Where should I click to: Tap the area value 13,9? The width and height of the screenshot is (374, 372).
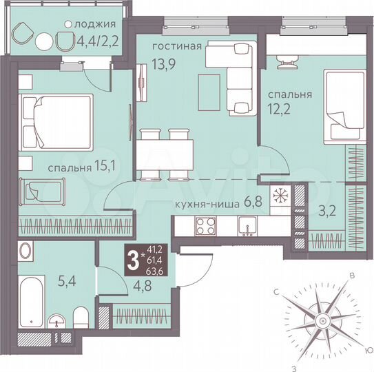(163, 63)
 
